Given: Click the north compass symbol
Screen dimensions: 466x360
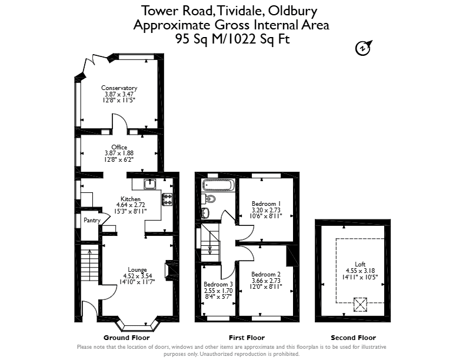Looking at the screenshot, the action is point(363,48).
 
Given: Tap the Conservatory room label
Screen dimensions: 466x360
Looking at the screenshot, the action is point(119,88).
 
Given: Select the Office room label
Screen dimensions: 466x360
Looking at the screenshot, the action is point(119,147).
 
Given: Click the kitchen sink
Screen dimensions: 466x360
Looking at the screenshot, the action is point(150,184).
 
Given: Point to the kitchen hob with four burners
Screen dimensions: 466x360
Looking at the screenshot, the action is point(167,199).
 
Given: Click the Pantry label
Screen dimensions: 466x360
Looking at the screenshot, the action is point(92,221).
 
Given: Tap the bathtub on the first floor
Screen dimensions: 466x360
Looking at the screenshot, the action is point(218,185).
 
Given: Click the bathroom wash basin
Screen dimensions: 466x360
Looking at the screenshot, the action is point(205,212).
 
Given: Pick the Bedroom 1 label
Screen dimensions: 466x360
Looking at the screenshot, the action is point(267,204).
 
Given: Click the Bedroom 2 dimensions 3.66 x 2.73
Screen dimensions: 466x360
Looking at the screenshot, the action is point(266,281).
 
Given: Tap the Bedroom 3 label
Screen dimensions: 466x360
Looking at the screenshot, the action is point(218,285).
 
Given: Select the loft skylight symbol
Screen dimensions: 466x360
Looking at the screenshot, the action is point(360,305).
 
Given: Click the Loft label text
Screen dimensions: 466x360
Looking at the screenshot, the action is point(360,264).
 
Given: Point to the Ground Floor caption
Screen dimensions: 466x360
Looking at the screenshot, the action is point(127,338).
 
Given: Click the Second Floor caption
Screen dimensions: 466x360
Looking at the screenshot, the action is point(354,338).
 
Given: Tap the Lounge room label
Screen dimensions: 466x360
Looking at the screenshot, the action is point(137,270).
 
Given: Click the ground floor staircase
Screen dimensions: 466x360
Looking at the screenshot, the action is point(89,265).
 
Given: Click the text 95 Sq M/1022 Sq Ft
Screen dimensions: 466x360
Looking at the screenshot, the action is point(232,39).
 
